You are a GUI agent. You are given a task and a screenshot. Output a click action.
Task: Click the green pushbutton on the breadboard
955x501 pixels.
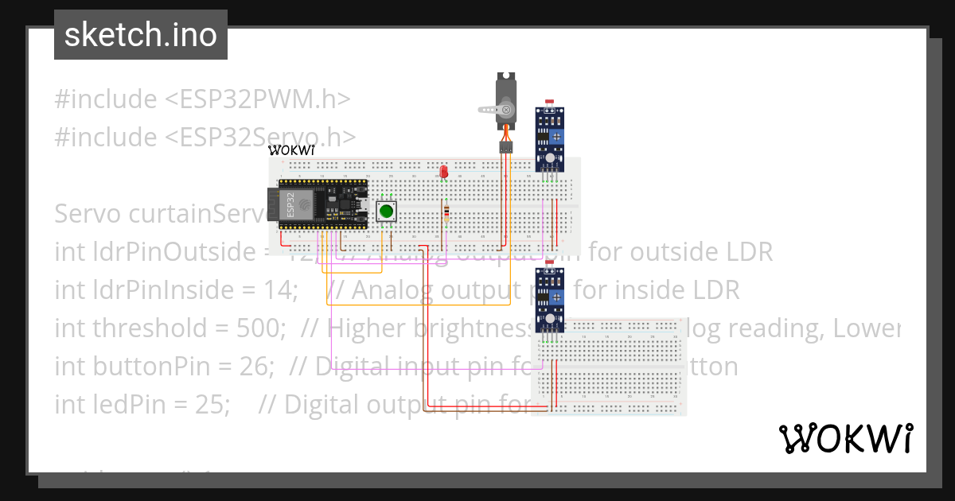pos(387,211)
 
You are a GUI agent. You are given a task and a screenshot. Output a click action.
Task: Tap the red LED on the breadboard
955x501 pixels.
pos(443,171)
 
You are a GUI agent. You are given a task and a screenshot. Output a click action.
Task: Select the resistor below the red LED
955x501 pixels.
pos(446,212)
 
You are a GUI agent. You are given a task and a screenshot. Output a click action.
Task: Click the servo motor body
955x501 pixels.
pos(507,99)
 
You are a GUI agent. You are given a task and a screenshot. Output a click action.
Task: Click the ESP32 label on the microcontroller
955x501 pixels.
pos(290,204)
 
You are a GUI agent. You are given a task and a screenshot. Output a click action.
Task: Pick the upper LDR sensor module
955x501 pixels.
pos(548,138)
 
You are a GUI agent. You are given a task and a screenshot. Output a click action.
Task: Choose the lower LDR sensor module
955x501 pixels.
pos(548,298)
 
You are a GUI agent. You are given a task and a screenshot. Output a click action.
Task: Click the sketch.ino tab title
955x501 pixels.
pos(140,35)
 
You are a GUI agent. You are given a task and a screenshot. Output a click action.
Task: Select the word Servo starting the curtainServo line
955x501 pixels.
pos(88,213)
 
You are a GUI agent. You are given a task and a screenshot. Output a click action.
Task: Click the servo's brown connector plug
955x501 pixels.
pos(506,147)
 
